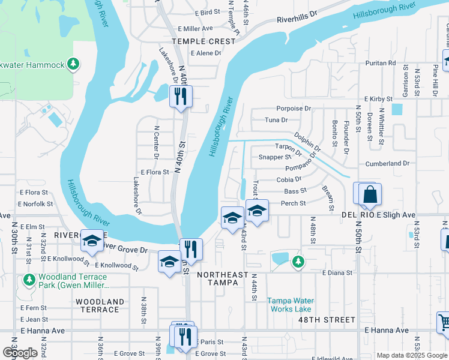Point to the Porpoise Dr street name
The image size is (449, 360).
(294, 109)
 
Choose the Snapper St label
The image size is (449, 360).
(274, 157)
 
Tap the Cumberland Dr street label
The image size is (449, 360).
(387, 163)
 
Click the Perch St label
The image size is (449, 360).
(294, 204)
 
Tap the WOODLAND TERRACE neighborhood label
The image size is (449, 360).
(100, 305)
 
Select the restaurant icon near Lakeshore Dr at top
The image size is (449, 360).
(181, 96)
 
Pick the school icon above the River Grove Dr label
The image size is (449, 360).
(92, 240)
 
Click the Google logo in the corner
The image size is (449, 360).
(20, 353)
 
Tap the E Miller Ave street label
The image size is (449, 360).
(195, 28)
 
